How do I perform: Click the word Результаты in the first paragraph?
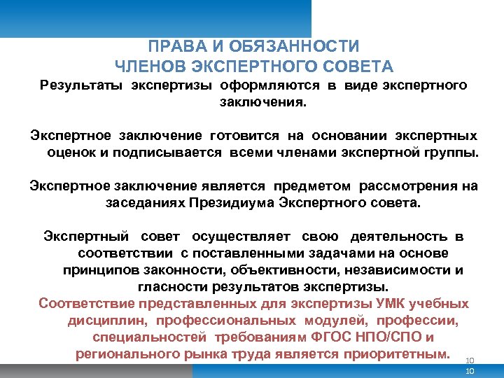[80, 86]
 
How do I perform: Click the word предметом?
[311, 186]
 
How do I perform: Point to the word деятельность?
[398, 237]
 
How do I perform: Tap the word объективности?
[270, 270]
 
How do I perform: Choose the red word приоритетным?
[401, 354]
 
